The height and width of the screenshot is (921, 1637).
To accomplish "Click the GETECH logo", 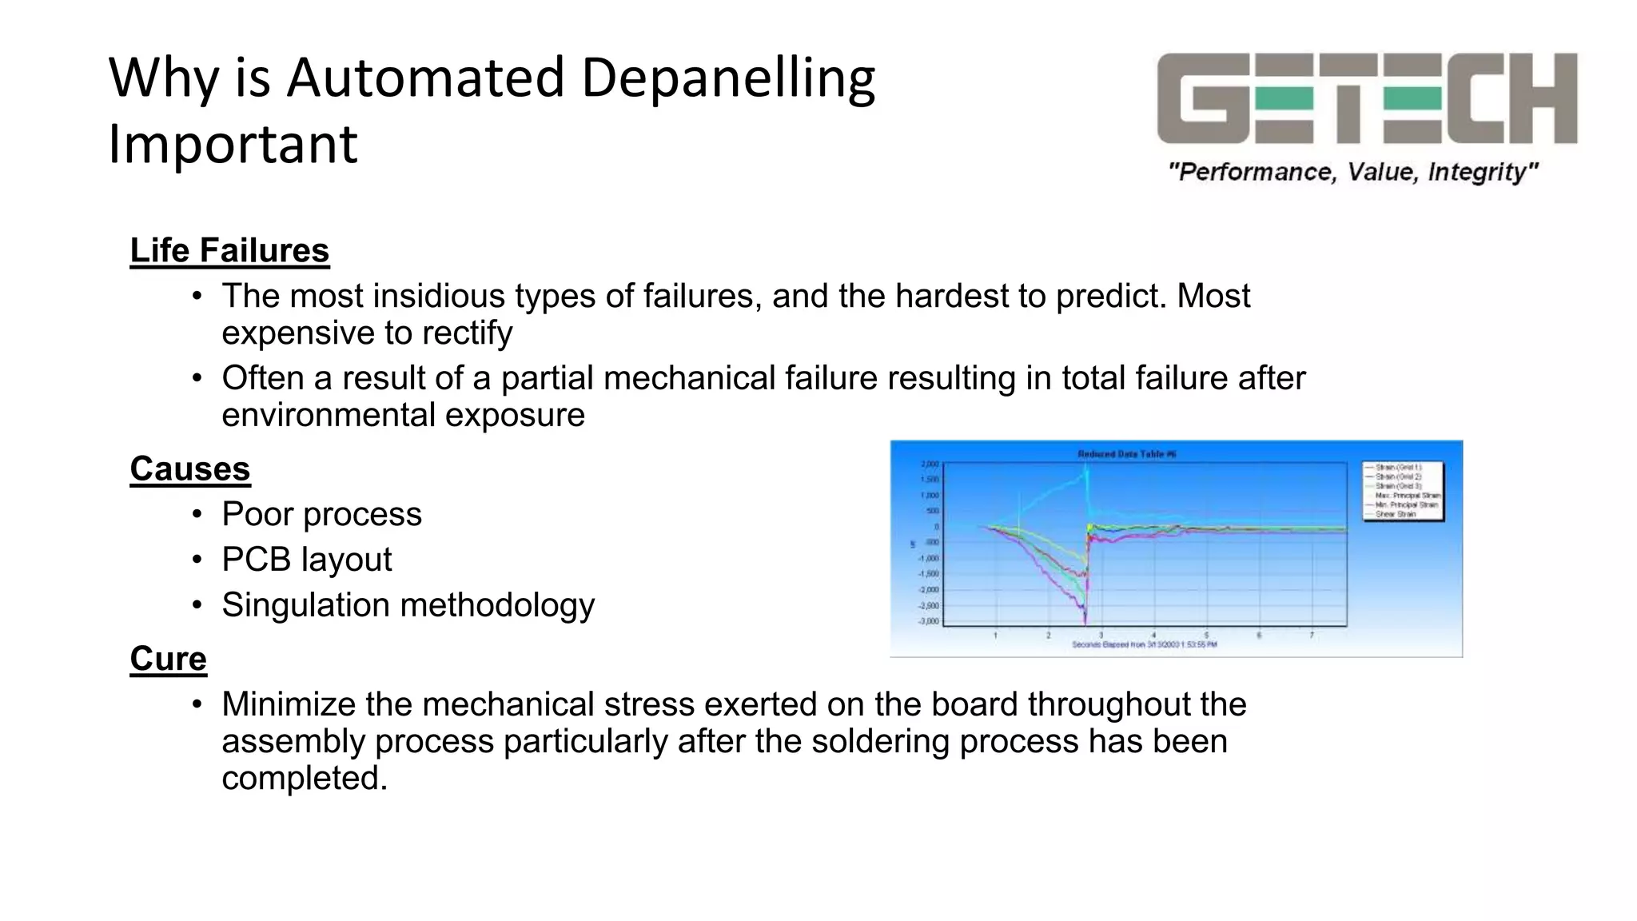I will pos(1367,98).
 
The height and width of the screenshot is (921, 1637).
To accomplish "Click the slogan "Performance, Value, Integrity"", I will pos(1353,172).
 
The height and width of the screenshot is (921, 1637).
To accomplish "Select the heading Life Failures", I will pos(229,250).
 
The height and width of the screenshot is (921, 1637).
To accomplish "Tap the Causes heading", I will pos(190,468).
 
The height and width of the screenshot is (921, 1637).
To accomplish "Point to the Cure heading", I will pos(168,659).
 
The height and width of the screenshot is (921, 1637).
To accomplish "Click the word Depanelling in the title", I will pos(728,78).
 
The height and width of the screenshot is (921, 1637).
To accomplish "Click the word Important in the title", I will pos(233,145).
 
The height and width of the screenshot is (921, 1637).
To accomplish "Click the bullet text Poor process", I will pos(321,514).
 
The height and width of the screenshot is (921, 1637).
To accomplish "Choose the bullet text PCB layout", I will pos(307,560).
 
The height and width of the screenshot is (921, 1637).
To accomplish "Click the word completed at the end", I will pos(304,778).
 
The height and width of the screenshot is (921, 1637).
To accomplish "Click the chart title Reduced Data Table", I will pos(1126,454).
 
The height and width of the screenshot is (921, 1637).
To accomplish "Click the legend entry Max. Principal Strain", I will pos(1407,496).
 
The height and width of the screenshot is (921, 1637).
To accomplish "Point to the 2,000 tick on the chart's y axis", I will pos(930,464).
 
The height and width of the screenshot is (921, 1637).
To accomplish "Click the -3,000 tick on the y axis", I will pos(929,621).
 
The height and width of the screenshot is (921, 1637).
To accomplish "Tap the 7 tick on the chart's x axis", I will pos(1312,636).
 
